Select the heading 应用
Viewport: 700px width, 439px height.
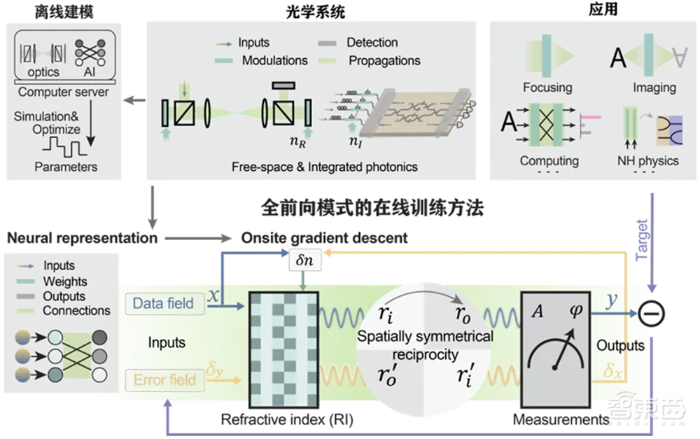tap(595, 11)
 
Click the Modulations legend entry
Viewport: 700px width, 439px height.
tap(274, 60)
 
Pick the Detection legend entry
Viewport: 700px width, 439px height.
tap(372, 43)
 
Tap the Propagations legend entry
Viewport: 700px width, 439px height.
tap(384, 60)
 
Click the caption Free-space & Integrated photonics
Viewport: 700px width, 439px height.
tap(325, 167)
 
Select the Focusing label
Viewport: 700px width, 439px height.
tap(547, 88)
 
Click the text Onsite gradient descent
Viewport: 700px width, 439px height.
tap(324, 238)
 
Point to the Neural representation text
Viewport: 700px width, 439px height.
tap(82, 238)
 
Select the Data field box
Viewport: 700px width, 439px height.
tap(164, 303)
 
